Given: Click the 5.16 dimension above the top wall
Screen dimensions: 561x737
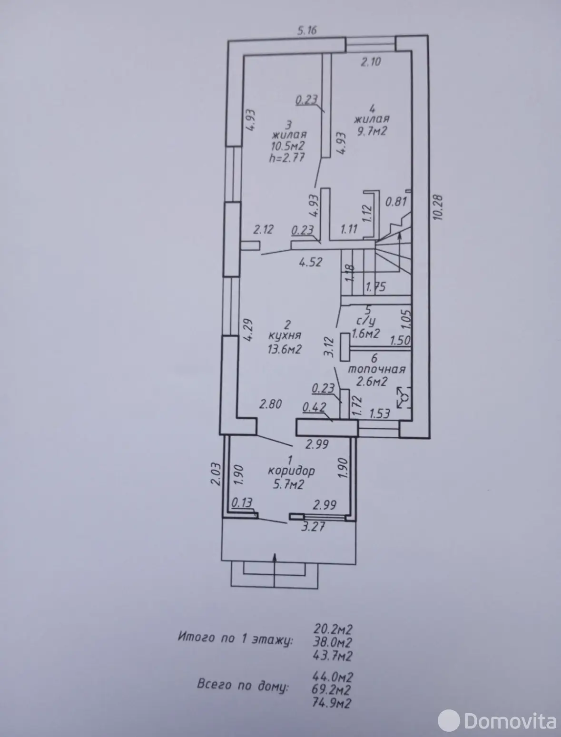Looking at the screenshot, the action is pyautogui.click(x=307, y=30).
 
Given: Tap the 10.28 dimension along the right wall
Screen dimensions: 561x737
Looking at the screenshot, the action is pyautogui.click(x=438, y=207).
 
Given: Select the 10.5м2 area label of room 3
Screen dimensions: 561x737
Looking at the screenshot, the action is pyautogui.click(x=288, y=146).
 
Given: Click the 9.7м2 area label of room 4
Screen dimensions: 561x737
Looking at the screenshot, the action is pyautogui.click(x=372, y=131).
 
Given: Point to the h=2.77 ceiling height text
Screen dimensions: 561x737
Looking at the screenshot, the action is pyautogui.click(x=287, y=157).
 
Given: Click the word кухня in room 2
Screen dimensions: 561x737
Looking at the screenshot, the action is pyautogui.click(x=285, y=335).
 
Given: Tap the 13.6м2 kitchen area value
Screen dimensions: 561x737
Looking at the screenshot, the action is pyautogui.click(x=285, y=349).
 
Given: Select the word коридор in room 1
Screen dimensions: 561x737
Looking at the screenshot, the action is pyautogui.click(x=291, y=471).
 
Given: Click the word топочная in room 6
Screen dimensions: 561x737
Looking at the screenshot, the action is pyautogui.click(x=376, y=369).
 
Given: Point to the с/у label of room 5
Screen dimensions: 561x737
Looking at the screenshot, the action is pyautogui.click(x=366, y=322).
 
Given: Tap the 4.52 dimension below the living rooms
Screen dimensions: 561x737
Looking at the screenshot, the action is pyautogui.click(x=311, y=262).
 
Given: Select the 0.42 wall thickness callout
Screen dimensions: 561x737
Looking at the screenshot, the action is pyautogui.click(x=314, y=408).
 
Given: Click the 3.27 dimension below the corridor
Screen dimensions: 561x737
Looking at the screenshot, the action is pyautogui.click(x=313, y=527).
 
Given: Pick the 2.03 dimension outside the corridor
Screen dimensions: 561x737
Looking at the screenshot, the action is pyautogui.click(x=216, y=474).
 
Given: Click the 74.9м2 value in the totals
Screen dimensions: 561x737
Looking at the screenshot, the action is pyautogui.click(x=332, y=702).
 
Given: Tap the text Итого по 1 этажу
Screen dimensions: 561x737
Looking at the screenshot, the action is pyautogui.click(x=235, y=638).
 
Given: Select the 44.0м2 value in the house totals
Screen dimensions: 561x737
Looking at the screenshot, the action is pyautogui.click(x=333, y=677).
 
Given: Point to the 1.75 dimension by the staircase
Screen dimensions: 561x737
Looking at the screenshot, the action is pyautogui.click(x=376, y=287).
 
